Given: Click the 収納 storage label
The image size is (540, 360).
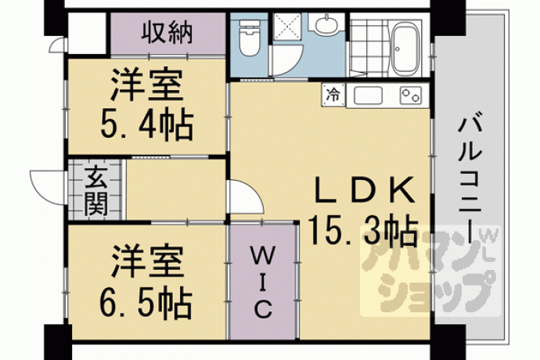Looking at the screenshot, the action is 167,33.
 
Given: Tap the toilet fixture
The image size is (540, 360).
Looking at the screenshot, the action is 249,38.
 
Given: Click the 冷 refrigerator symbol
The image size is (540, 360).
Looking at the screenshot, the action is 333,94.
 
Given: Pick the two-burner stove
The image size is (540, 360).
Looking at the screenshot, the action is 411,95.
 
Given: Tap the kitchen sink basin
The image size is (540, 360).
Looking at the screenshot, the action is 368,95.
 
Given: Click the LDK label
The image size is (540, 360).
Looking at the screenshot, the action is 365,190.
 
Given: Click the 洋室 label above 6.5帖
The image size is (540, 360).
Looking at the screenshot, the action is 146,261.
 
